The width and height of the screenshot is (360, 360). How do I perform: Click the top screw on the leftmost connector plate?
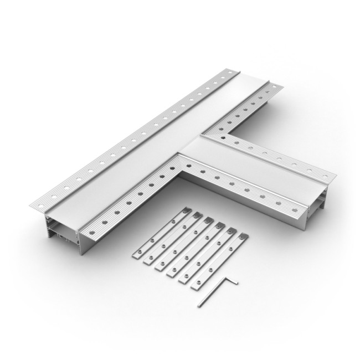tap(183, 211)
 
